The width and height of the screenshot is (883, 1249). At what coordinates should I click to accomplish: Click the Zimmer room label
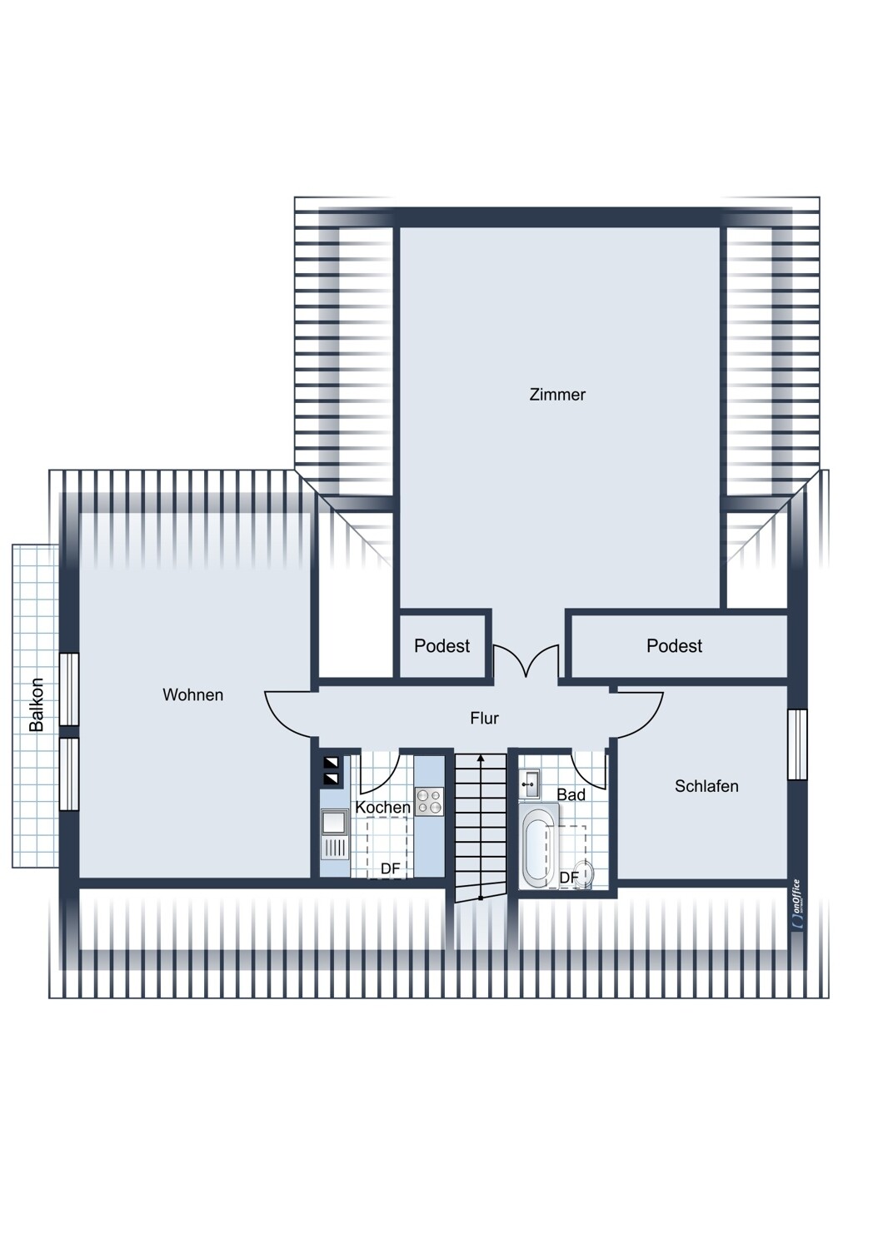point(557,395)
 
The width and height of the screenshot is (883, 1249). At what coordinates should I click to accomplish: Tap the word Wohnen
point(193,694)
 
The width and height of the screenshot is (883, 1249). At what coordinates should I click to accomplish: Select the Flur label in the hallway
point(484,718)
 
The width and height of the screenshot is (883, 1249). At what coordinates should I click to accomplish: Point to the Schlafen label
point(706,786)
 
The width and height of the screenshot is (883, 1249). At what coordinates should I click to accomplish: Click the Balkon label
point(37,704)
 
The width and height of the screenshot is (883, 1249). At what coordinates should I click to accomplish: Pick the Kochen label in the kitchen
point(382,807)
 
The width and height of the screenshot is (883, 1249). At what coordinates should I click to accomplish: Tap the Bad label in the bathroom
point(571,794)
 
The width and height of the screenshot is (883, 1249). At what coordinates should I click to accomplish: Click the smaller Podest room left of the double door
point(442,646)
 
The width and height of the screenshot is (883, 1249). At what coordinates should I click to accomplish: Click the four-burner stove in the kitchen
point(429,801)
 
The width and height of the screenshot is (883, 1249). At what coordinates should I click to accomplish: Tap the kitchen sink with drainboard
point(334,834)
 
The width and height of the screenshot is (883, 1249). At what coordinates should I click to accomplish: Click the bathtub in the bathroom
point(539,845)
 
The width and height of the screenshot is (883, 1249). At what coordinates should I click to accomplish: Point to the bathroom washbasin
point(529,784)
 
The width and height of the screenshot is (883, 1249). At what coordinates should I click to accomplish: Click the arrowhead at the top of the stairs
point(481,759)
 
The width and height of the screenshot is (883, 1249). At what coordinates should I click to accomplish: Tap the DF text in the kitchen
point(391,868)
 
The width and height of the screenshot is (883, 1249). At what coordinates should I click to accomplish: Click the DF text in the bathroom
point(569,878)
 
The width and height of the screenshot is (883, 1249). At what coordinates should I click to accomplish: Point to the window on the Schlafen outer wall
point(798,744)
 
